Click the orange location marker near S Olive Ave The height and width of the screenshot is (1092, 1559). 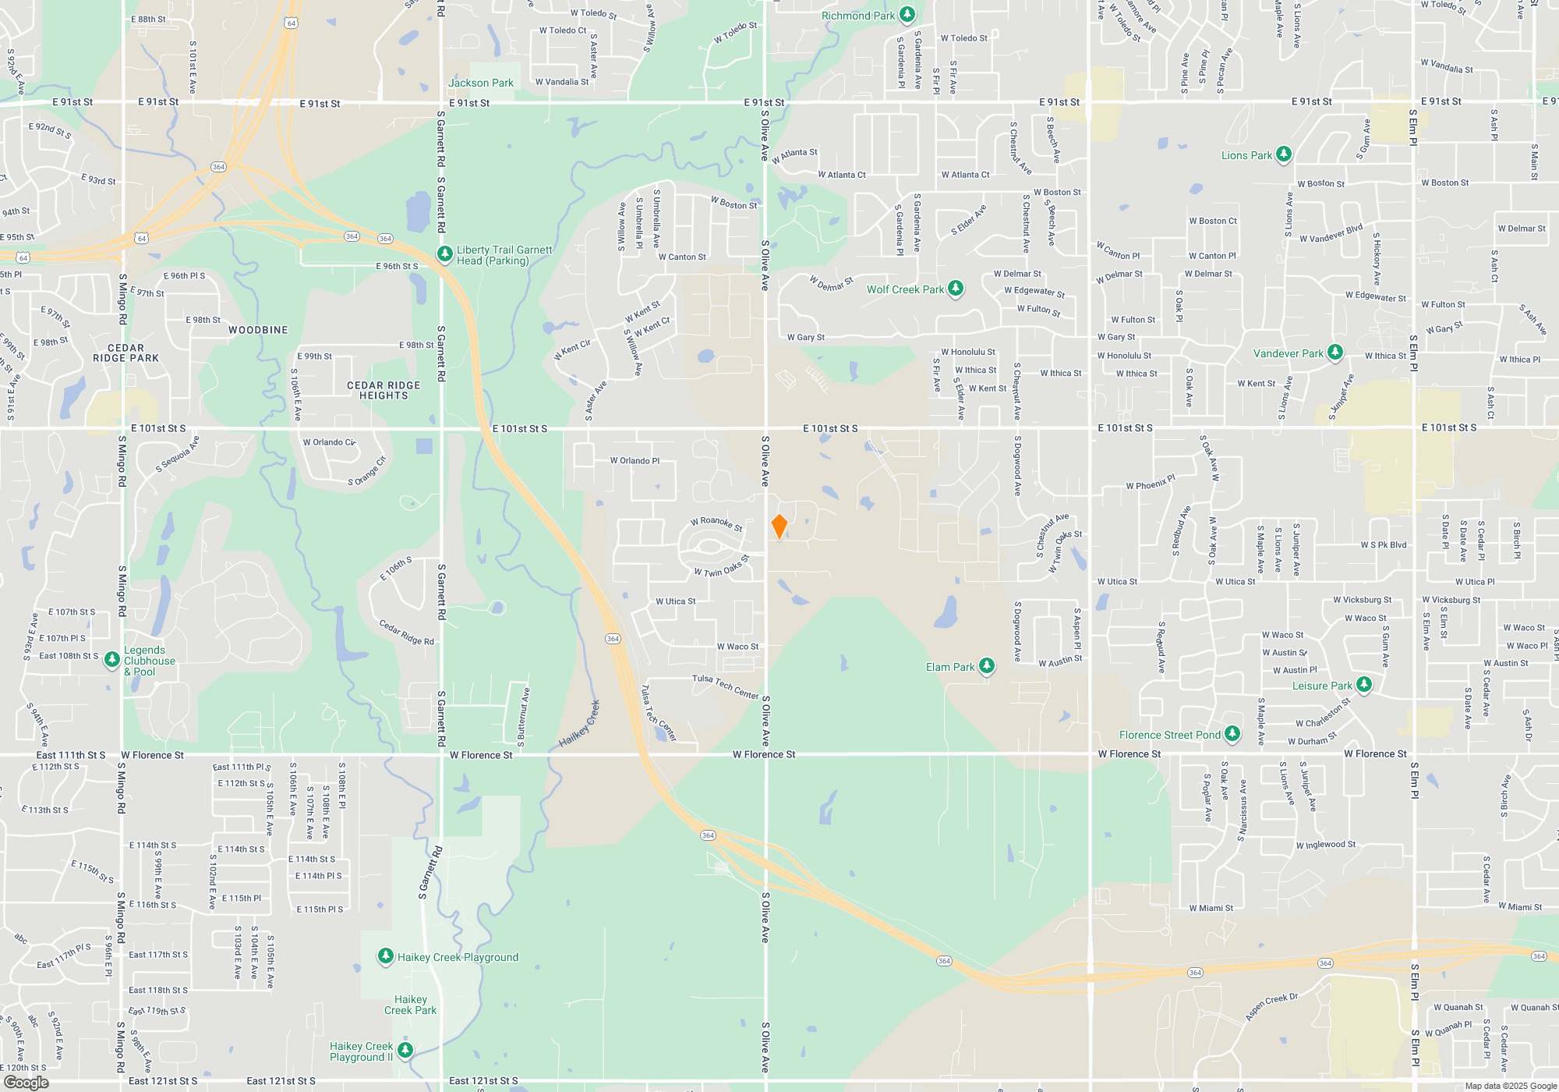click(779, 526)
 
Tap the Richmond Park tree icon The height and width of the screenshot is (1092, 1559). click(907, 15)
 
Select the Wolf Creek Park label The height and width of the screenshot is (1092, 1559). click(905, 289)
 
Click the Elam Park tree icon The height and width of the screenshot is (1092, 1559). click(987, 666)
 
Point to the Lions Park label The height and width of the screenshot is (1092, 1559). click(1246, 155)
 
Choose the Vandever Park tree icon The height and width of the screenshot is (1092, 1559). click(1335, 353)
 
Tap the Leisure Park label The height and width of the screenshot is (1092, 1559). click(1322, 686)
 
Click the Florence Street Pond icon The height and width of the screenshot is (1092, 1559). click(1232, 734)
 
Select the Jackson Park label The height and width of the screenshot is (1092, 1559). click(481, 83)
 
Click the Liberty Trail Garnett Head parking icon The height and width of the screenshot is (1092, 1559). click(444, 254)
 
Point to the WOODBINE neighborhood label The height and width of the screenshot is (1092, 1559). click(258, 330)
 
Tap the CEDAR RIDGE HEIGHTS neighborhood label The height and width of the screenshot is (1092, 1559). click(384, 390)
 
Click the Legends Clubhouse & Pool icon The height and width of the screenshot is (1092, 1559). click(112, 660)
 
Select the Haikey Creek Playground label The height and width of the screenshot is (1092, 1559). click(458, 957)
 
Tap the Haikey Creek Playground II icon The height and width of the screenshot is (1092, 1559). click(405, 1051)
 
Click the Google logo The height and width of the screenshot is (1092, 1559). click(27, 1082)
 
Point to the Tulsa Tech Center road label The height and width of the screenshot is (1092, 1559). click(726, 686)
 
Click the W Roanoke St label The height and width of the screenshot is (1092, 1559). click(716, 523)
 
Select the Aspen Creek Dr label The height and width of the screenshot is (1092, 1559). click(1271, 1006)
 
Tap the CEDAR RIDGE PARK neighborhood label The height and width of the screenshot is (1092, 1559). click(125, 353)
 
